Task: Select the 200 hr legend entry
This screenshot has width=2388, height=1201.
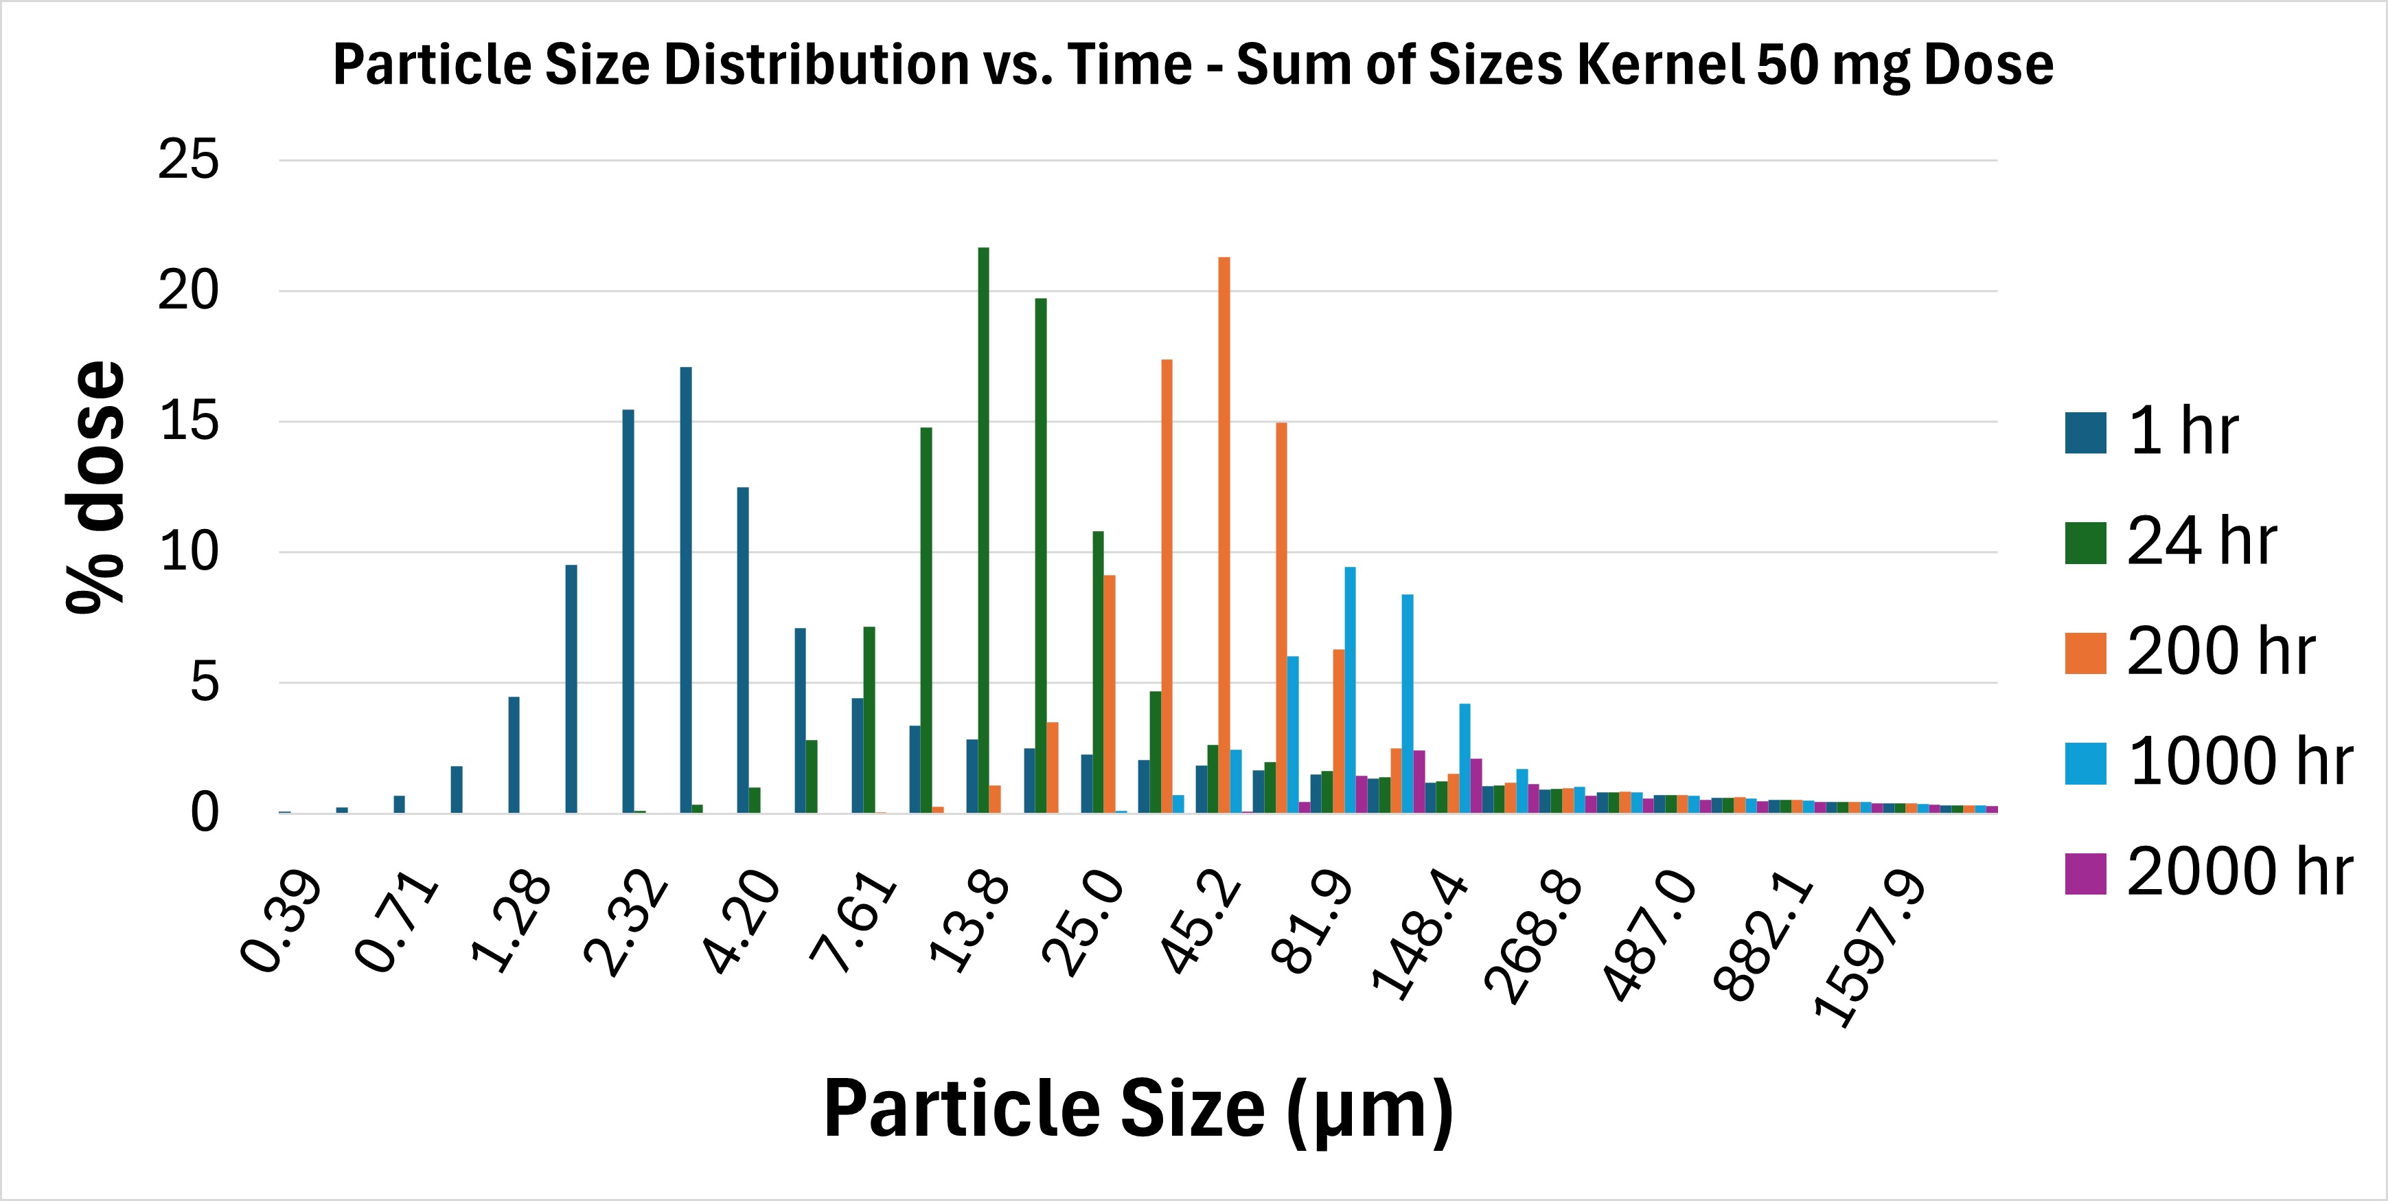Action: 2220,652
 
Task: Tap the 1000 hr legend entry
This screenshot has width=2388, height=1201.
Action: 2240,763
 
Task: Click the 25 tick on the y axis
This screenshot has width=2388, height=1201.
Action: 188,161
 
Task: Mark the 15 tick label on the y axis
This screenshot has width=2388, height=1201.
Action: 188,422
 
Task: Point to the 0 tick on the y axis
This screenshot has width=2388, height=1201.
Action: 204,813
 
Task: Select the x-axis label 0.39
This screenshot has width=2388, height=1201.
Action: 281,923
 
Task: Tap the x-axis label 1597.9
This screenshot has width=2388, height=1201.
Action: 1868,951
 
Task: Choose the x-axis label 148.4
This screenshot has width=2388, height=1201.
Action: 1419,936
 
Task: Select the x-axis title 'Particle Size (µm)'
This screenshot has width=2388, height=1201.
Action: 1138,1109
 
